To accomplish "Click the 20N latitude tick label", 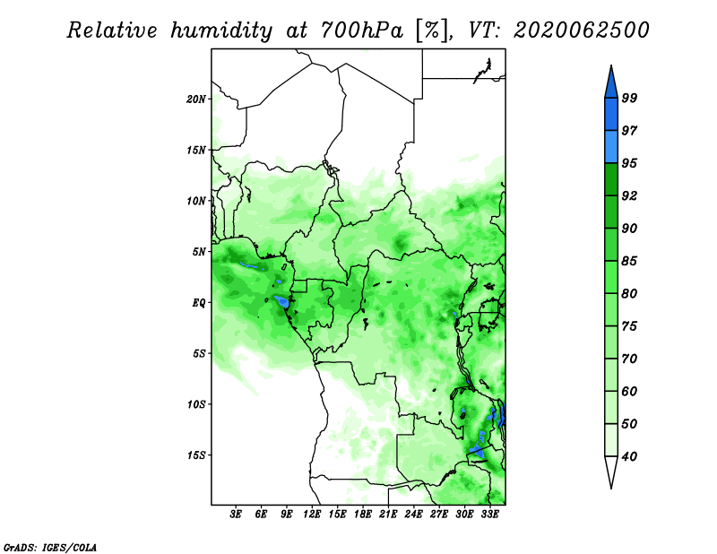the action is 196,100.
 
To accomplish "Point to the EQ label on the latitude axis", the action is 199,303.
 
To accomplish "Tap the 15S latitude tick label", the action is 196,455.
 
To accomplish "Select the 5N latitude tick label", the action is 199,252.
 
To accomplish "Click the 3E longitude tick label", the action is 236,515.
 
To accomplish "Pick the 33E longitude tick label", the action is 489,515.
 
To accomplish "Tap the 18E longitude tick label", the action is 363,515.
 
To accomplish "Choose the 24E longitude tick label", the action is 413,515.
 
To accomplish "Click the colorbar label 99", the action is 629,98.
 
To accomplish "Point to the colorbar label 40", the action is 629,456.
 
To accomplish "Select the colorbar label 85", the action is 629,261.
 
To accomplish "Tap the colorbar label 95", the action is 629,163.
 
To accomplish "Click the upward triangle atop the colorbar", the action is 611,83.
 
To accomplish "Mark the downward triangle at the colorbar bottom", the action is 611,470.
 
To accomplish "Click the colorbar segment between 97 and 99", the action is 611,115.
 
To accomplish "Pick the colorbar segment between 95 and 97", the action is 611,147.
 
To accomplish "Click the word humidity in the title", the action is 221,31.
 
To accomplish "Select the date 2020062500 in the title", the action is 581,30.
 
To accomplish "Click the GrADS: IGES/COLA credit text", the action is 50,548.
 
